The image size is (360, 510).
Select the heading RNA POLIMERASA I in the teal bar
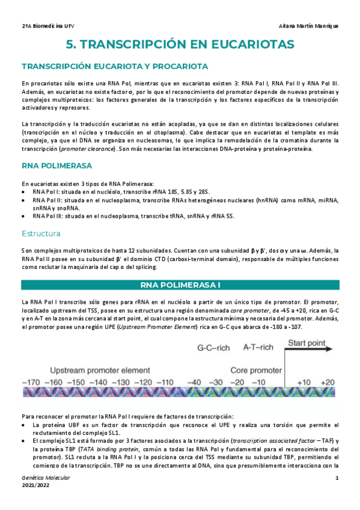pyautogui.click(x=180, y=284)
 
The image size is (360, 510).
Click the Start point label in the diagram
pyautogui.click(x=308, y=343)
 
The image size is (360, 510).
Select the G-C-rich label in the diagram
pyautogui.click(x=216, y=348)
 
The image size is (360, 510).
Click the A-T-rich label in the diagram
pyautogui.click(x=258, y=348)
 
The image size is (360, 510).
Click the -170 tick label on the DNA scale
pyautogui.click(x=32, y=382)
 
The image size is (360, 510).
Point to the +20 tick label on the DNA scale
pyautogui.click(x=327, y=382)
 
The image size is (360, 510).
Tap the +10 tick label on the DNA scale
pyautogui.click(x=304, y=382)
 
